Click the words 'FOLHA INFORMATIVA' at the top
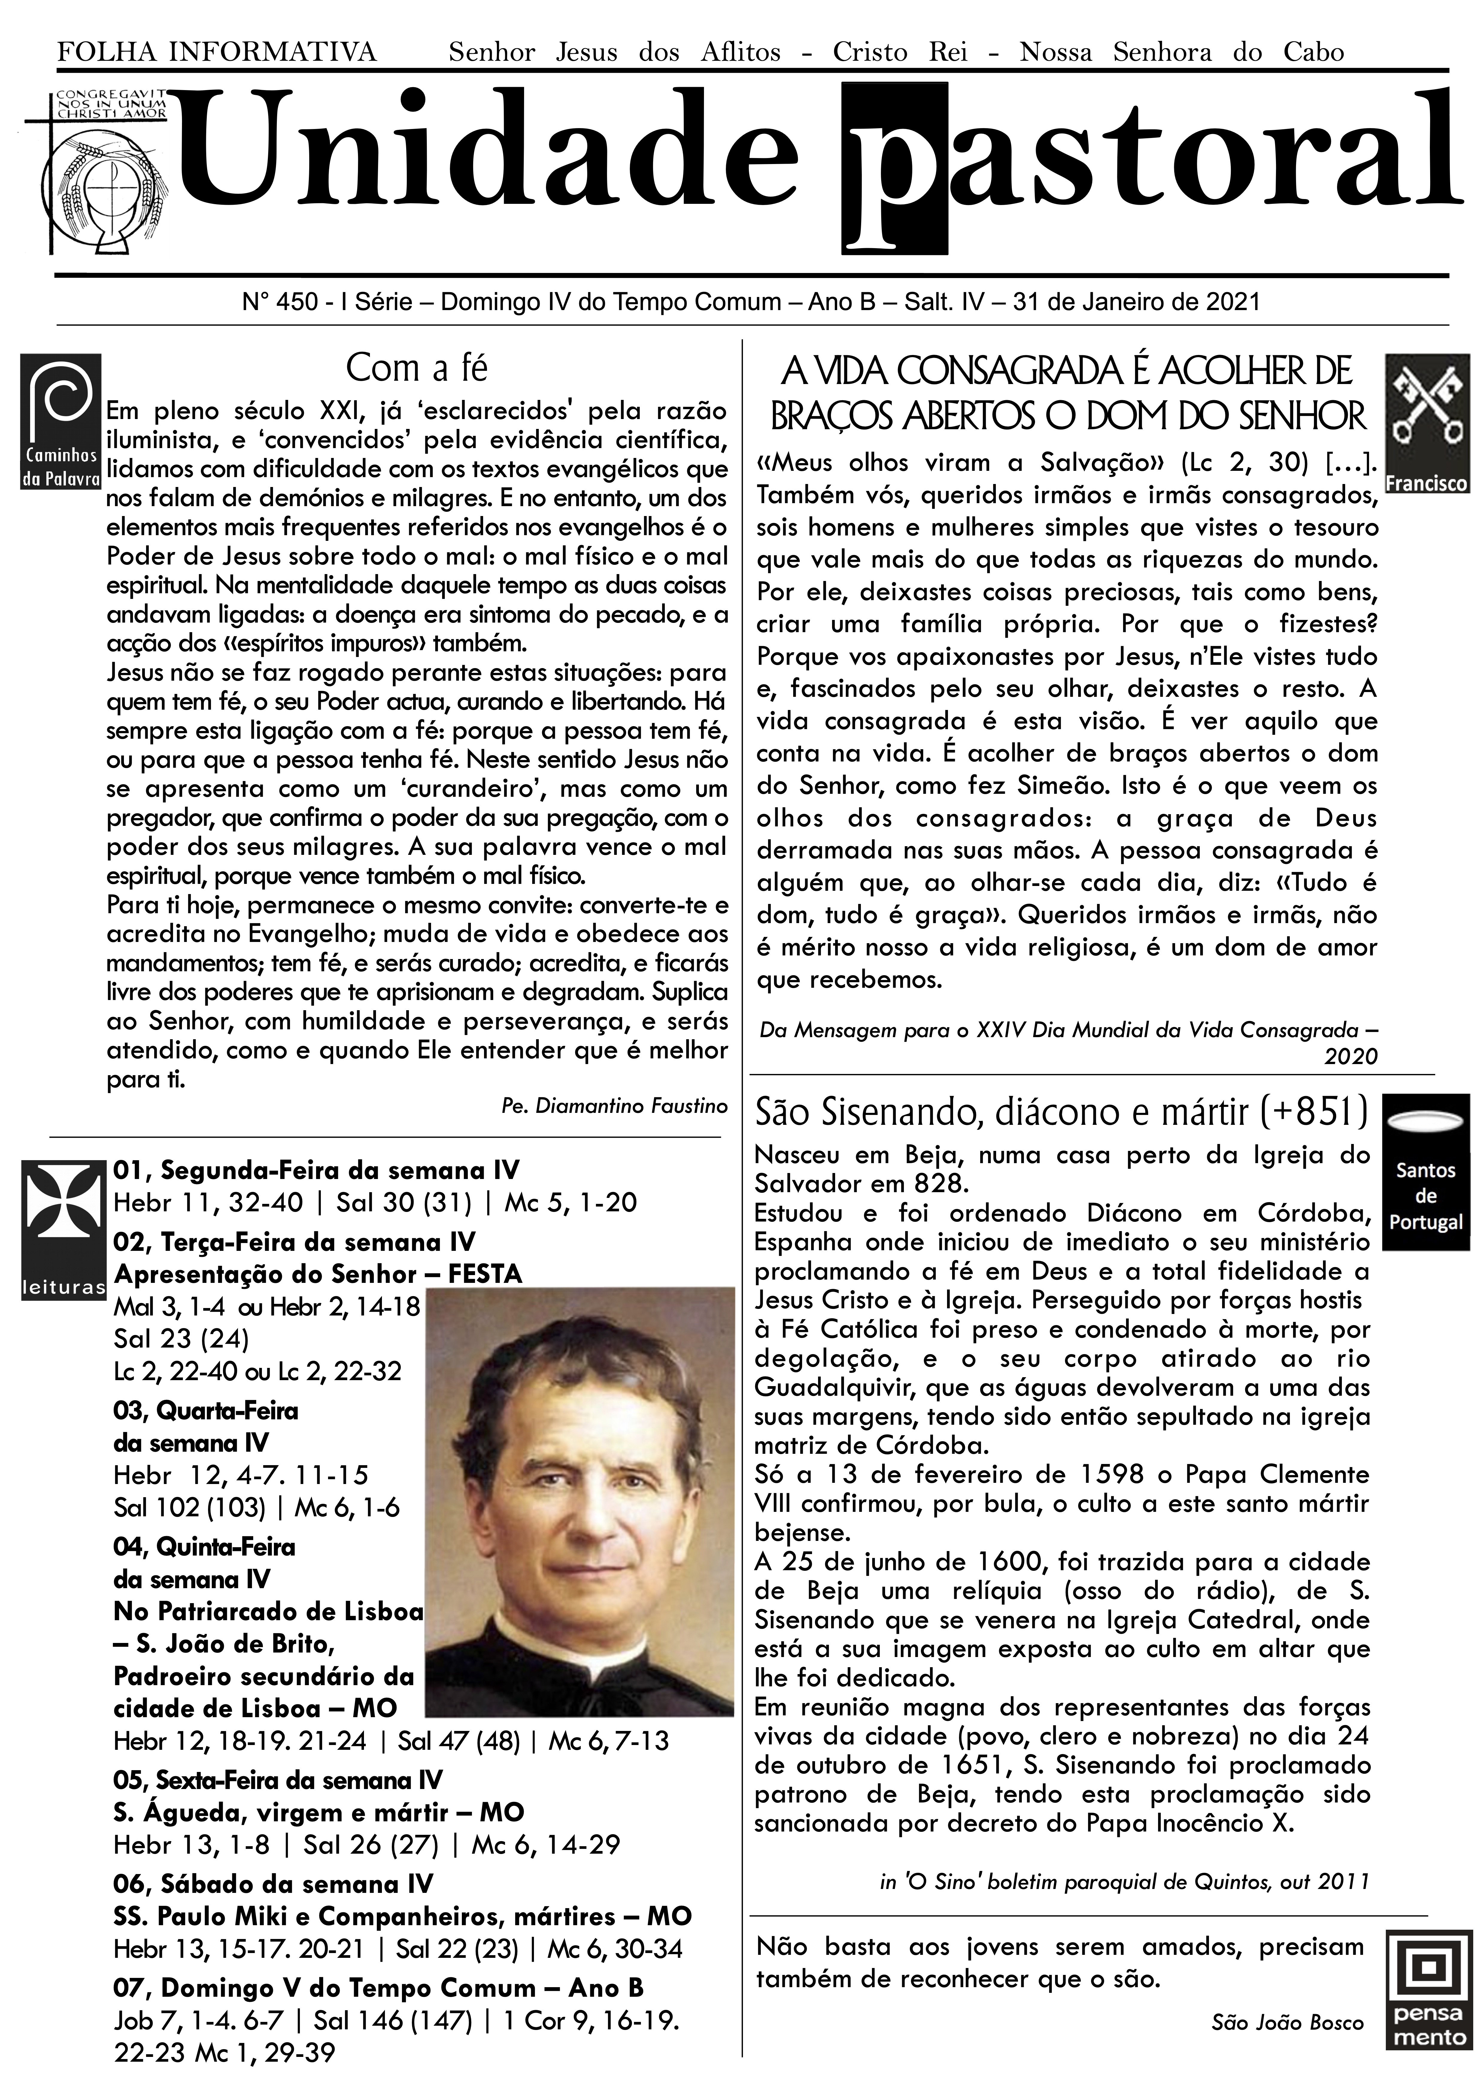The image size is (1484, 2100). pyautogui.click(x=217, y=52)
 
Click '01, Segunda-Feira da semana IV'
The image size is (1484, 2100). pyautogui.click(x=315, y=1171)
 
